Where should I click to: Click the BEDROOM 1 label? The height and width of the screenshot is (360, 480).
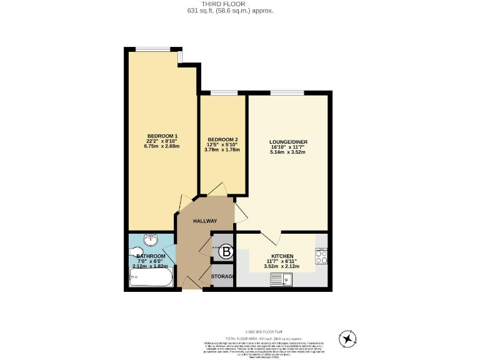pyautogui.click(x=162, y=136)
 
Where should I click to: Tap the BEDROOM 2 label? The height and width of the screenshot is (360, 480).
pyautogui.click(x=222, y=139)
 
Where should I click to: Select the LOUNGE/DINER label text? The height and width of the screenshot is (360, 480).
pyautogui.click(x=288, y=142)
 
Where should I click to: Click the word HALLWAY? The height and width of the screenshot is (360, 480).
pyautogui.click(x=204, y=221)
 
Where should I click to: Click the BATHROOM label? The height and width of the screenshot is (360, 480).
pyautogui.click(x=151, y=256)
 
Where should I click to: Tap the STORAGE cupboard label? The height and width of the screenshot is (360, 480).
pyautogui.click(x=222, y=276)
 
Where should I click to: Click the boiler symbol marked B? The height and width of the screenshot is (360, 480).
pyautogui.click(x=227, y=252)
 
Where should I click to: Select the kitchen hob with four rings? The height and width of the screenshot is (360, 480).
pyautogui.click(x=321, y=256)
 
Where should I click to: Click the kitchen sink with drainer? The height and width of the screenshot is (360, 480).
pyautogui.click(x=281, y=280)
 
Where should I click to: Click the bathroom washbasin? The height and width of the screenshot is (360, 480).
pyautogui.click(x=151, y=240)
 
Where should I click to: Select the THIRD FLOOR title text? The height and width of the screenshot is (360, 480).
pyautogui.click(x=239, y=4)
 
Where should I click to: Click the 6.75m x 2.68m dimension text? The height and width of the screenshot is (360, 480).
pyautogui.click(x=162, y=147)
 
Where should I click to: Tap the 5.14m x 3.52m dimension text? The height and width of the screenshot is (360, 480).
pyautogui.click(x=288, y=152)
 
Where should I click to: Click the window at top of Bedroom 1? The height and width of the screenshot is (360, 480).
pyautogui.click(x=154, y=49)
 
